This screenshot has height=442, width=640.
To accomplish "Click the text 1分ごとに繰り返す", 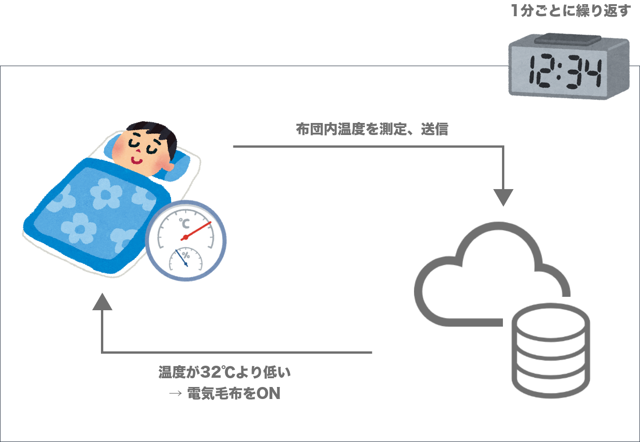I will (x=571, y=11).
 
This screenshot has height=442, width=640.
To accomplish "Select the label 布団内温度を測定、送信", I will (x=372, y=129).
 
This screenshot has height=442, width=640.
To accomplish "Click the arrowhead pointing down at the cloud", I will (x=503, y=197).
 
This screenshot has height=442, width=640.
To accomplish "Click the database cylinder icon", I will (x=551, y=350).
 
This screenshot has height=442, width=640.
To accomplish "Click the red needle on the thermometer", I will (x=197, y=230).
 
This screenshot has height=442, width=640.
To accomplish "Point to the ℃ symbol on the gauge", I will (x=184, y=223).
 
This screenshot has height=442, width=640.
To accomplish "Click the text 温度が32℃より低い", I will (x=225, y=372).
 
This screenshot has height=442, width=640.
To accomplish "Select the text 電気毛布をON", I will (x=234, y=393).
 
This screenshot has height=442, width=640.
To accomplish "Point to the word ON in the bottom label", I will (x=269, y=393).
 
